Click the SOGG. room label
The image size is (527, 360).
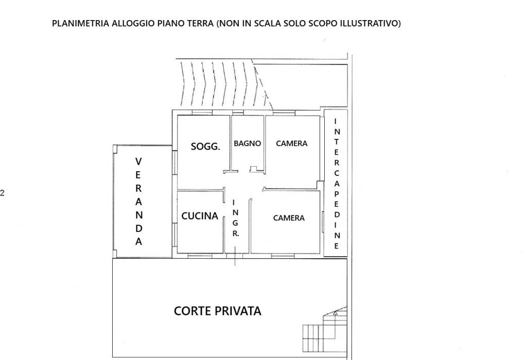205,147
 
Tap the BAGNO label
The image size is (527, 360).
248,143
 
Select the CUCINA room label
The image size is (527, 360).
200,216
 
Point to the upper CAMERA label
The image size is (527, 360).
292,143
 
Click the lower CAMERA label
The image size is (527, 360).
289,218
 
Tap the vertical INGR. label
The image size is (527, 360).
236,218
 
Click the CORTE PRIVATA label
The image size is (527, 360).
218,311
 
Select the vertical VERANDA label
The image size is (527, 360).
138,202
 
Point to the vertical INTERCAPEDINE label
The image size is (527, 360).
337,184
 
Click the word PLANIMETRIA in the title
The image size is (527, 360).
81,24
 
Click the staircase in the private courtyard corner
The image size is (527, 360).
325,330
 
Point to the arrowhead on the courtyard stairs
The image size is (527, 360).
335,314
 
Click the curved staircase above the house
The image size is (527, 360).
226,83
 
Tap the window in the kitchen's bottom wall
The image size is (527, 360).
200,256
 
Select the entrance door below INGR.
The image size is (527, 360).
235,256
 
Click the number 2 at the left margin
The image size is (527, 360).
3,193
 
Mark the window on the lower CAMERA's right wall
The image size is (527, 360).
322,221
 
